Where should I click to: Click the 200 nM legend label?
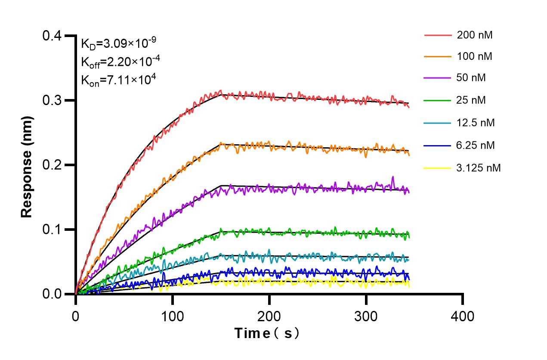(475, 35)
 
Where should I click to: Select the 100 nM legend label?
(475, 56)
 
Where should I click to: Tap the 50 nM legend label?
(472, 78)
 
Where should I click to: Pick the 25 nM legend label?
(472, 100)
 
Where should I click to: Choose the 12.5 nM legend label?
(476, 123)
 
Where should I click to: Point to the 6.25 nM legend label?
(476, 146)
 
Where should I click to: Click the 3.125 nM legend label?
(479, 168)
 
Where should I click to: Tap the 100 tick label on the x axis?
(173, 317)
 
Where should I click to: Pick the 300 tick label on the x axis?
(366, 317)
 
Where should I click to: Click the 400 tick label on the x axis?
(463, 317)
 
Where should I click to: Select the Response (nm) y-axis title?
(27, 165)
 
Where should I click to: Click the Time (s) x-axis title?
(266, 333)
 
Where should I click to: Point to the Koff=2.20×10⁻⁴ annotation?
(121, 62)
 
